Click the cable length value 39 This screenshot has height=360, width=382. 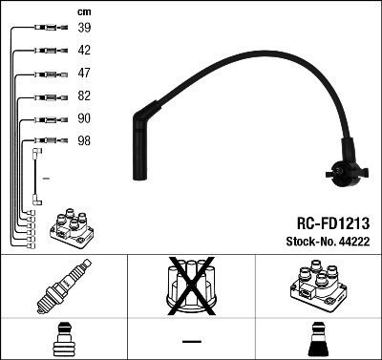click(x=84, y=29)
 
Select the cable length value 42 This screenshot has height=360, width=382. click(x=84, y=51)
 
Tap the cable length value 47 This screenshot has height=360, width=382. click(x=84, y=73)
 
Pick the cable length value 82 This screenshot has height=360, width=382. click(x=84, y=96)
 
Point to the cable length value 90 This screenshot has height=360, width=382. click(x=84, y=118)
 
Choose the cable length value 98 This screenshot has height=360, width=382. click(x=84, y=140)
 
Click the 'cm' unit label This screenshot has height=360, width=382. click(x=83, y=11)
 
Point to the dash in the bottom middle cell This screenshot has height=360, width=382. click(x=191, y=341)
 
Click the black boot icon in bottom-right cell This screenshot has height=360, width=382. click(x=317, y=339)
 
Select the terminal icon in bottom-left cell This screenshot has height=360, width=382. click(x=64, y=339)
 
